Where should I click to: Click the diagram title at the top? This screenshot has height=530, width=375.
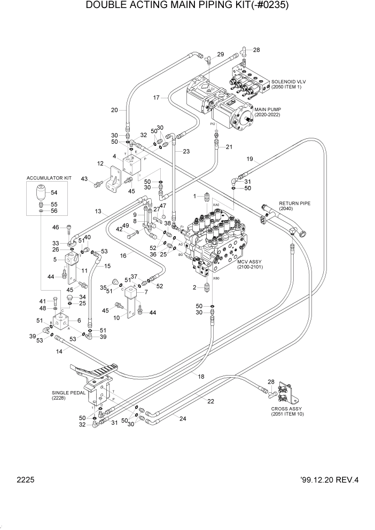click(187, 7)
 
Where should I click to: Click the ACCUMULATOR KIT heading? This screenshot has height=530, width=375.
click(50, 178)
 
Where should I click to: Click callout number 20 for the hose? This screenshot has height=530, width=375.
click(114, 111)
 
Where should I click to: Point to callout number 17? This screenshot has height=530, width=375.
click(157, 98)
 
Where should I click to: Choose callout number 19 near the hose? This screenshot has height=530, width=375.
click(250, 159)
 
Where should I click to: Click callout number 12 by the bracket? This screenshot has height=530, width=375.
click(100, 163)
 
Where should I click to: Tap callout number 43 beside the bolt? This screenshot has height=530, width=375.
click(84, 178)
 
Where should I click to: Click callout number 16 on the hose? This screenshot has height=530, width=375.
click(123, 256)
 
